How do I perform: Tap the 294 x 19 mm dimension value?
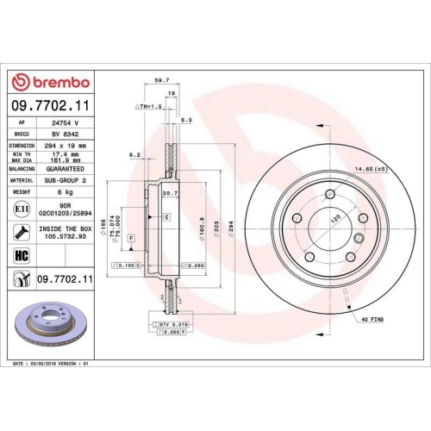pyautogui.click(x=66, y=147)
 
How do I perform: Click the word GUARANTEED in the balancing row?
pyautogui.click(x=66, y=170)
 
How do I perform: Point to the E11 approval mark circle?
pyautogui.click(x=20, y=209)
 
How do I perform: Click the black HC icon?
pyautogui.click(x=20, y=256)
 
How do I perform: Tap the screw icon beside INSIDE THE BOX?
pyautogui.click(x=20, y=231)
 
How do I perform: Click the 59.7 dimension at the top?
pyautogui.click(x=160, y=81)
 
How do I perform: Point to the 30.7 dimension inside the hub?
pyautogui.click(x=170, y=194)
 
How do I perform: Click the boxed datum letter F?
pyautogui.click(x=130, y=236)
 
